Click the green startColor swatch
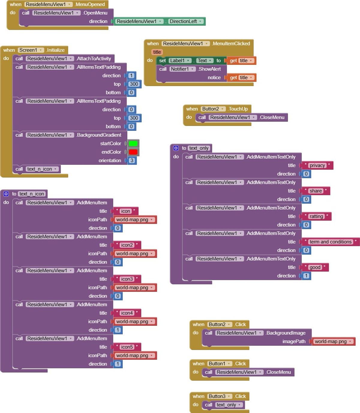tap(133, 144)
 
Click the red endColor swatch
tap(133, 152)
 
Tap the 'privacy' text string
tap(317, 165)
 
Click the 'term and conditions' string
tap(330, 242)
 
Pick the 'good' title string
tap(315, 267)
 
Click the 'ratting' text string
tap(316, 216)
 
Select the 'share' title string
tap(316, 191)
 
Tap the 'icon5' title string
tap(127, 347)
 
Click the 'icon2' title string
tap(127, 245)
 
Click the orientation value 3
tap(132, 160)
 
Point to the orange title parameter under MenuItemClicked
tap(157, 52)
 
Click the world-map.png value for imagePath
tap(333, 341)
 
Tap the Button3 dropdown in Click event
tap(220, 396)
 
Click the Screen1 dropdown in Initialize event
tap(31, 50)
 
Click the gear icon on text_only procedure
tap(176, 148)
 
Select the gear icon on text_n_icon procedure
tap(6, 194)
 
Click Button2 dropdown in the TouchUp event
tap(213, 109)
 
